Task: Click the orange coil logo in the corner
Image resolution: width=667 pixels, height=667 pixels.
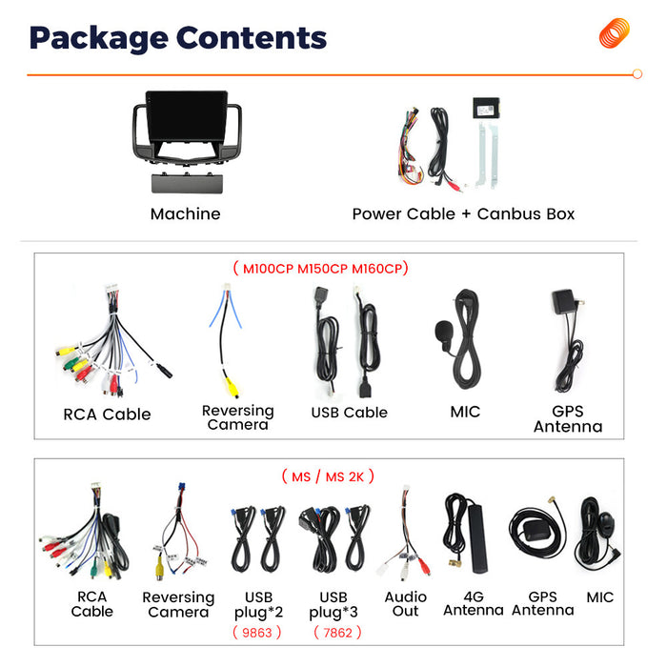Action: [615, 32]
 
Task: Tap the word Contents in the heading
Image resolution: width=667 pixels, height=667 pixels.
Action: [252, 38]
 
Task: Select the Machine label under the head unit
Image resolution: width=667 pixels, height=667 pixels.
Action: [186, 214]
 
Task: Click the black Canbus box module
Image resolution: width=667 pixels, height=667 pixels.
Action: [486, 108]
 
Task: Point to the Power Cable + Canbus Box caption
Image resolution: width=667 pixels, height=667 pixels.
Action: [463, 214]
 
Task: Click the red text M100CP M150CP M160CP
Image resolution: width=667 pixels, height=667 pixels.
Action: [322, 269]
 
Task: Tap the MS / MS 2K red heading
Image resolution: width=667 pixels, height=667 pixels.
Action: [328, 476]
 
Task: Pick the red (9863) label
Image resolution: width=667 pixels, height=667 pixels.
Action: [257, 633]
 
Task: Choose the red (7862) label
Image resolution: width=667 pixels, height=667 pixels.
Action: [337, 633]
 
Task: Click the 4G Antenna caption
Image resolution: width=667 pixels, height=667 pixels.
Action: [474, 603]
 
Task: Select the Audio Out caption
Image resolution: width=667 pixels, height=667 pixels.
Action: [405, 603]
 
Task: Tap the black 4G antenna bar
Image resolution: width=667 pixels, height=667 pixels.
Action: [477, 537]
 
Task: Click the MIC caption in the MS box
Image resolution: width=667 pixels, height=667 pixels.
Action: [599, 597]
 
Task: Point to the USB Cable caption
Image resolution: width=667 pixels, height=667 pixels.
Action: [350, 413]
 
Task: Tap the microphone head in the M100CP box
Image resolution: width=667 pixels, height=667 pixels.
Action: [444, 333]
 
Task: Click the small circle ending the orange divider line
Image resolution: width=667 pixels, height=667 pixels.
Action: [637, 74]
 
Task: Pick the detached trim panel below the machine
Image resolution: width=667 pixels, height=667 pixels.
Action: [187, 183]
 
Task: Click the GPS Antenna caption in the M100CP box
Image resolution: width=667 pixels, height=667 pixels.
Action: [568, 419]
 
